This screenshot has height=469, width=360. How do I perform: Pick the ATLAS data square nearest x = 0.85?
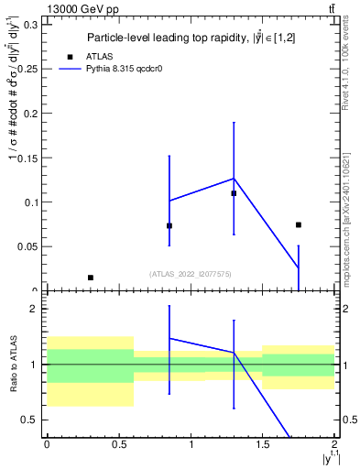(x=169, y=225)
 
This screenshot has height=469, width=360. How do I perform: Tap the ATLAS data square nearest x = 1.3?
(x=234, y=193)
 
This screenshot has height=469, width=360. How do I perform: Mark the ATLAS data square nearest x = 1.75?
(x=299, y=224)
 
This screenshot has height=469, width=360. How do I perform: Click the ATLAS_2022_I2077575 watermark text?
(x=190, y=273)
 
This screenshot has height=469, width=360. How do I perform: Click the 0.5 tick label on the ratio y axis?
(x=30, y=420)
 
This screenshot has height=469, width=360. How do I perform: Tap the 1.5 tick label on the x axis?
(x=263, y=444)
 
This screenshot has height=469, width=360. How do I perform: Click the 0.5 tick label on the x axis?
(x=118, y=444)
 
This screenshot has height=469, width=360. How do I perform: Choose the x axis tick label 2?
(x=334, y=444)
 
